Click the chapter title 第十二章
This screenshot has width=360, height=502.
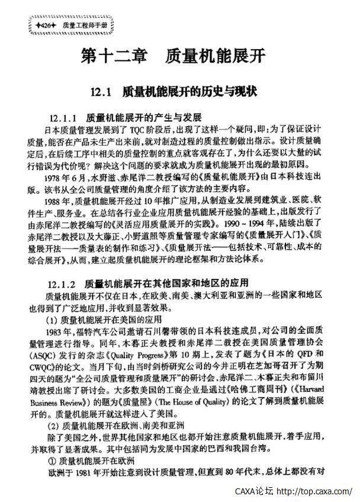coord(108,57)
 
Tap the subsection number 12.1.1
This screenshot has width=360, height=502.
coord(65,117)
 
